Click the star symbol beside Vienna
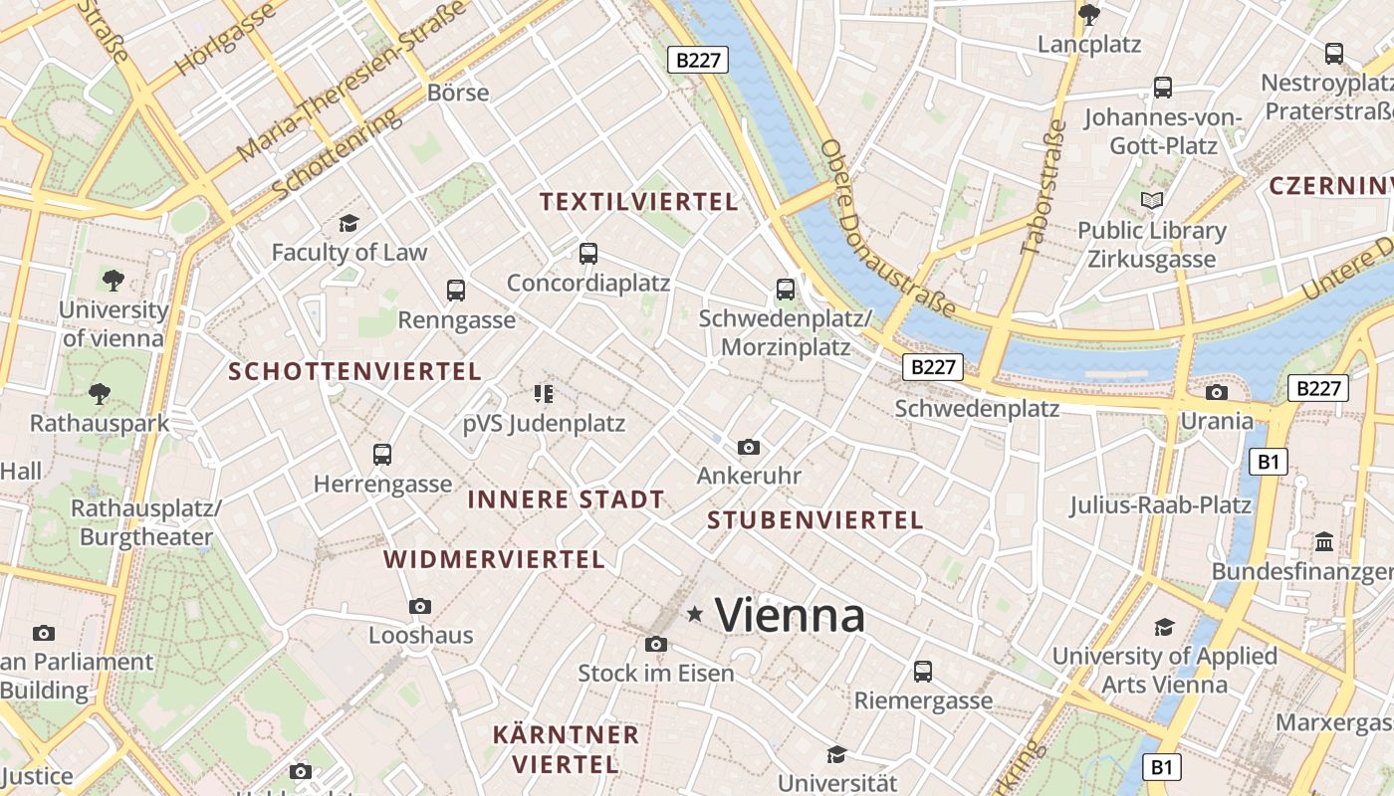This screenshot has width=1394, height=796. (x=695, y=615)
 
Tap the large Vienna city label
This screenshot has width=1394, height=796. (x=790, y=615)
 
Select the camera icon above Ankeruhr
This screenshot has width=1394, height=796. (x=749, y=448)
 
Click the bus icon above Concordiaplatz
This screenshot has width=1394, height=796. (x=588, y=254)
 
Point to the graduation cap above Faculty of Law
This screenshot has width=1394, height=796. (x=348, y=223)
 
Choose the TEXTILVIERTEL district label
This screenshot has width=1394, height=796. (x=638, y=202)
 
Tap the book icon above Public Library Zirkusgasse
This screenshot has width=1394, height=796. (x=1152, y=201)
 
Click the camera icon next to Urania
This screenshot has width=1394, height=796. (x=1216, y=393)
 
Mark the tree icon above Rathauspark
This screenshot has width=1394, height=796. (x=100, y=394)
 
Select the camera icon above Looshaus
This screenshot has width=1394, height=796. (x=420, y=606)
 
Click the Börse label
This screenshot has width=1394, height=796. (x=458, y=93)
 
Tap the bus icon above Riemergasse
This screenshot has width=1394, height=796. (x=923, y=672)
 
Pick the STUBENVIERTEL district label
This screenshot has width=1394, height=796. (x=814, y=519)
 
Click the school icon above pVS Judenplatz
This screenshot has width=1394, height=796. (x=543, y=394)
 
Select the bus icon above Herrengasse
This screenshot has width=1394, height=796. (x=382, y=455)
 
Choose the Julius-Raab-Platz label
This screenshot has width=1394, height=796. (x=1160, y=504)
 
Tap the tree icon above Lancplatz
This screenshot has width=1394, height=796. (x=1089, y=14)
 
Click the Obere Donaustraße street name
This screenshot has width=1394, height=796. (x=886, y=229)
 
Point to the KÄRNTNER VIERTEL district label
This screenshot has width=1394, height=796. (x=566, y=749)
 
